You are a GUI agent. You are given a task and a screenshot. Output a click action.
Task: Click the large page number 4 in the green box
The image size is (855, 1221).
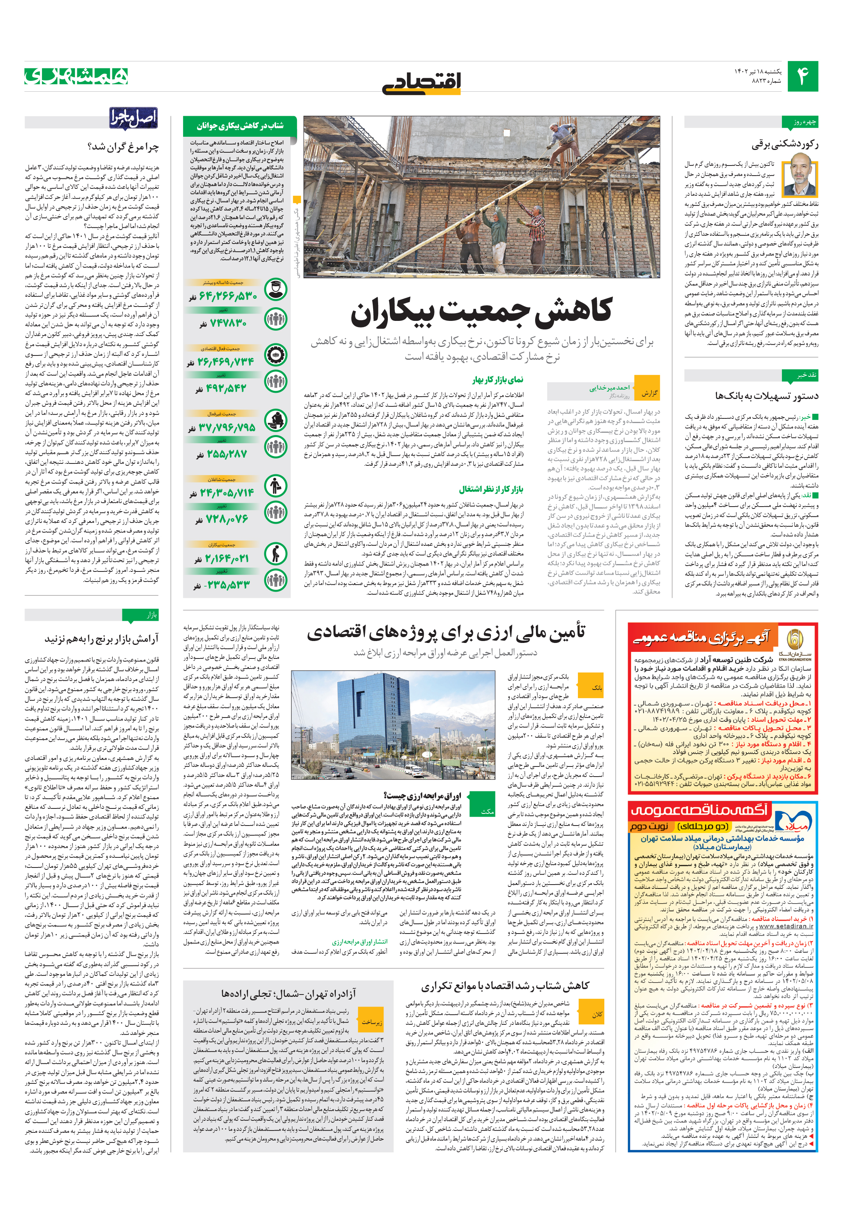(x=802, y=76)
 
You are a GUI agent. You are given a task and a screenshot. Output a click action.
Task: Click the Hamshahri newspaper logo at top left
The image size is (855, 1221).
(x=77, y=76)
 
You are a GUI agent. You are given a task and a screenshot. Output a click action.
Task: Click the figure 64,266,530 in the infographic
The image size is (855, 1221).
(x=228, y=296)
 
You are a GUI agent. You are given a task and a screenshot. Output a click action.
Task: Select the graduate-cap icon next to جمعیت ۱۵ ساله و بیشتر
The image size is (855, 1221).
(x=275, y=290)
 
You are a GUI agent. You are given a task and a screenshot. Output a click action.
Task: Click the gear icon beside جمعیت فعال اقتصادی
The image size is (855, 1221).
(x=275, y=355)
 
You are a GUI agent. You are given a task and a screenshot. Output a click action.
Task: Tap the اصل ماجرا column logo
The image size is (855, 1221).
(x=134, y=118)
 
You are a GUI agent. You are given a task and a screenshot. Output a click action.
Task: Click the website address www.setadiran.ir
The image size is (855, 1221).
(x=785, y=926)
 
